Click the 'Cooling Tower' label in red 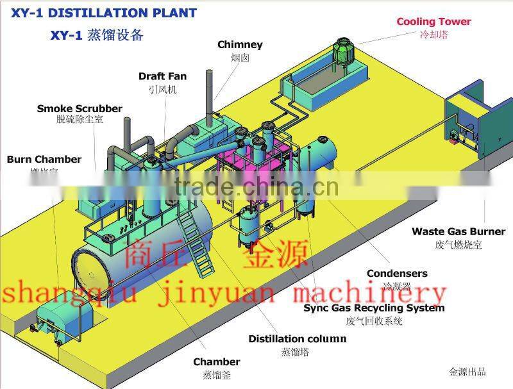pyautogui.click(x=433, y=22)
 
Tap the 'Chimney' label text pyautogui.click(x=240, y=45)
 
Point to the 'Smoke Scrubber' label pyautogui.click(x=70, y=108)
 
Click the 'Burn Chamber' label pyautogui.click(x=44, y=159)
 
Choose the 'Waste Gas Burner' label pyautogui.click(x=458, y=231)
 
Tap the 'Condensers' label pyautogui.click(x=397, y=274)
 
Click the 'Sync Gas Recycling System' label pyautogui.click(x=374, y=308)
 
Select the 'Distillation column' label pyautogui.click(x=297, y=339)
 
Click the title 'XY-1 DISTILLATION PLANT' pyautogui.click(x=99, y=13)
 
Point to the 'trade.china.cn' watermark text pyautogui.click(x=256, y=187)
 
